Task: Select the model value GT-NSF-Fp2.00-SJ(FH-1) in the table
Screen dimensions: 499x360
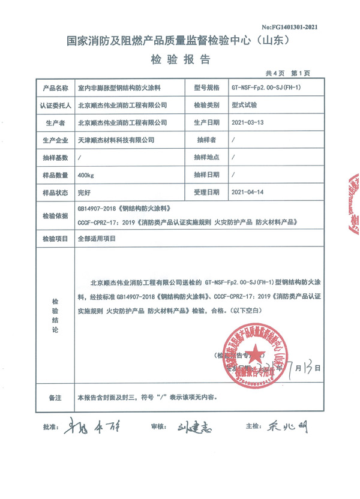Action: [265, 88]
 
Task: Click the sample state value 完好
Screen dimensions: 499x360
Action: [85, 193]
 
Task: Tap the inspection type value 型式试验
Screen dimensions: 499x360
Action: [244, 104]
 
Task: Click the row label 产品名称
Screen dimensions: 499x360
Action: [55, 88]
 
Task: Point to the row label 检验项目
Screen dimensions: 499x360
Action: [55, 238]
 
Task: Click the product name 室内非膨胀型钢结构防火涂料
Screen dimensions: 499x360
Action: [116, 88]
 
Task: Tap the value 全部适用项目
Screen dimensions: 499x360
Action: [96, 238]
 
